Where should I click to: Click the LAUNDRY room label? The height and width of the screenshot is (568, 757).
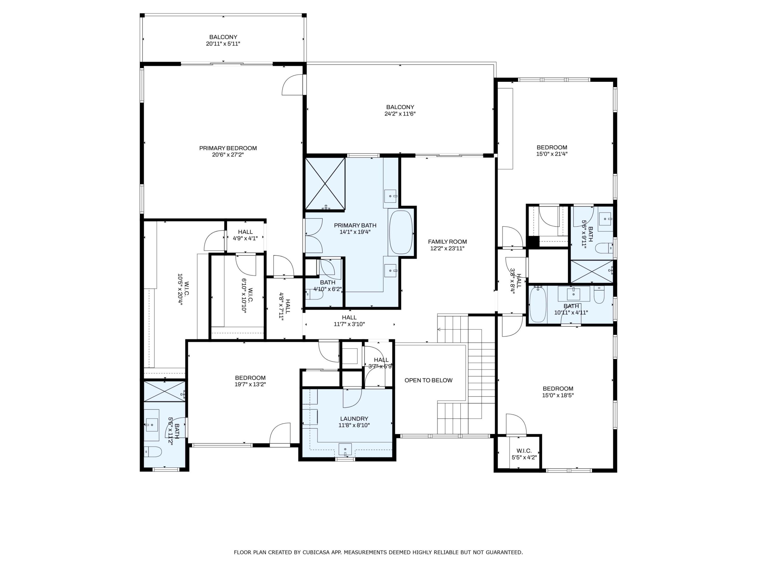[354, 419]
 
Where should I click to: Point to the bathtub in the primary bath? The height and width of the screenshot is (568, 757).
[401, 232]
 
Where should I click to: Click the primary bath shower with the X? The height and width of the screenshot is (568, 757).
[325, 184]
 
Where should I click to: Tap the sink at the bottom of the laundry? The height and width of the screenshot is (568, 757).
[345, 449]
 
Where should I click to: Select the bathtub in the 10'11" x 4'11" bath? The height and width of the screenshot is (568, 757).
[538, 304]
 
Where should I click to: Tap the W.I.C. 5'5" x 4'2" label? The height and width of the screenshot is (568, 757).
[524, 454]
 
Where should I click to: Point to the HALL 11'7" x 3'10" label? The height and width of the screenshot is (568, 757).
[349, 321]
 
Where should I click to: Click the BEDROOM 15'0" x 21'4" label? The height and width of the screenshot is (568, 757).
[552, 151]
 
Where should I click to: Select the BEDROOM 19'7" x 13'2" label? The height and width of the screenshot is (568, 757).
[250, 381]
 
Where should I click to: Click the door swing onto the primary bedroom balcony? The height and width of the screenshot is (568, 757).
[293, 85]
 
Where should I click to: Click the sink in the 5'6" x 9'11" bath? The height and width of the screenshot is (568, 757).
[605, 219]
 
